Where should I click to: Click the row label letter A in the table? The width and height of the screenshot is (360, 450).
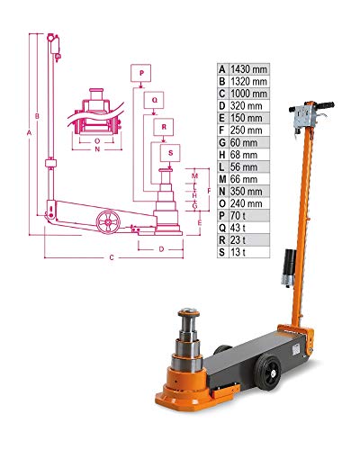tap(222, 68)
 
